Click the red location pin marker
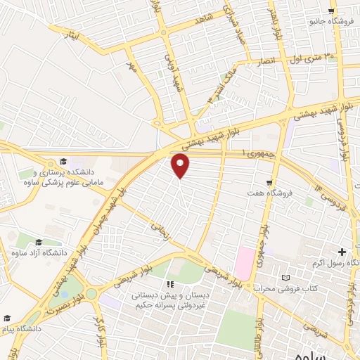tap(181, 165)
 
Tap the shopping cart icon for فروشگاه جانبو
tap(331, 11)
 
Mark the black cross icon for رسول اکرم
tap(342, 252)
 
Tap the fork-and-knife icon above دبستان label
tap(169, 284)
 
